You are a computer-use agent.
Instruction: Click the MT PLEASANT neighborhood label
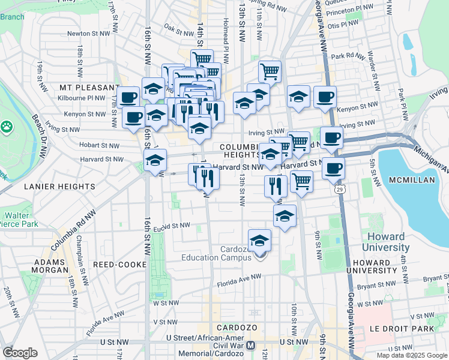[83, 87]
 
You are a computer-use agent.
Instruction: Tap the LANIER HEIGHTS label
[59, 187]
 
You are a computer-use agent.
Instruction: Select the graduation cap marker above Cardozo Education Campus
[260, 241]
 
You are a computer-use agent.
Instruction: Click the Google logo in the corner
[20, 352]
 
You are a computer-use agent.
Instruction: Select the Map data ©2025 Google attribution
[412, 355]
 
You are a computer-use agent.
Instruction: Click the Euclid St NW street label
[172, 226]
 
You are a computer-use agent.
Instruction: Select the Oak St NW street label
[178, 27]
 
